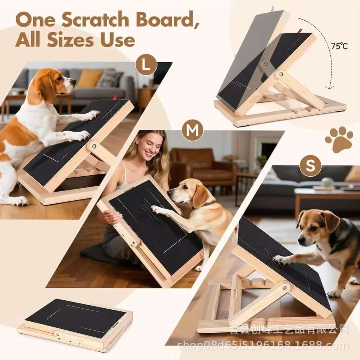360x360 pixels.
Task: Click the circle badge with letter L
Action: pos(146,65)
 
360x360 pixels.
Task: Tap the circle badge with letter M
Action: pos(192,130)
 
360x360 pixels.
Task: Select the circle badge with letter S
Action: pos(310,165)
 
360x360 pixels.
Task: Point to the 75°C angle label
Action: pos(339,46)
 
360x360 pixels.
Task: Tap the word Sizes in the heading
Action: pos(70,40)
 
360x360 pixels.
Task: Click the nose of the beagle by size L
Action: pos(74,81)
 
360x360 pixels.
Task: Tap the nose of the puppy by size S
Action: pos(301,240)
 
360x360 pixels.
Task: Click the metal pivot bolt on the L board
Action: pos(94,146)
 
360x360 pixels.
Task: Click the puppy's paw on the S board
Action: pos(279,259)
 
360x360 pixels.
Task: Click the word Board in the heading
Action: pos(167,20)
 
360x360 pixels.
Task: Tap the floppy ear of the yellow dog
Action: pos(200,196)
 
